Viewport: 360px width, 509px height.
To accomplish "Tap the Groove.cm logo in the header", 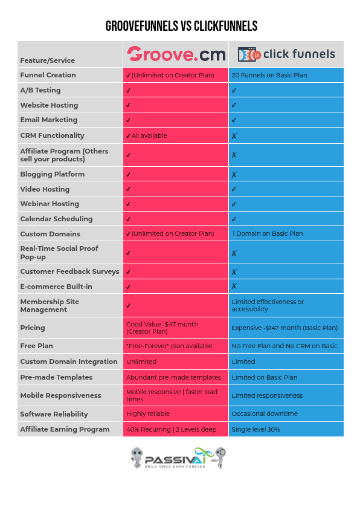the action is (x=176, y=55).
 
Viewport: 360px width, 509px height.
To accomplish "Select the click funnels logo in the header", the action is (x=286, y=54).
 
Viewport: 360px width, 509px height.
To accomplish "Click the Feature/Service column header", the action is (x=48, y=60).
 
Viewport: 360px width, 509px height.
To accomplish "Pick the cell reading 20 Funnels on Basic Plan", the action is (x=269, y=75).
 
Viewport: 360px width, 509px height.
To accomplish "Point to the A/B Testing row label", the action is (x=40, y=90).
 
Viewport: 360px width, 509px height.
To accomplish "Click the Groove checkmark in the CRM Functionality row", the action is (x=128, y=136).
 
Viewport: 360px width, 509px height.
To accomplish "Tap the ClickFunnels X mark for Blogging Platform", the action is (x=234, y=174).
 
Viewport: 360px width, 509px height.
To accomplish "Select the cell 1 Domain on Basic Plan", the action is (x=267, y=233).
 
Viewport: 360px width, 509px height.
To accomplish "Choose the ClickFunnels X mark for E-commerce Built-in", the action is (x=234, y=287).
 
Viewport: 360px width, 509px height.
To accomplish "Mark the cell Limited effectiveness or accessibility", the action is (x=268, y=305).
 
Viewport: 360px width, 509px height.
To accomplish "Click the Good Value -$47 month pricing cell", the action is (x=162, y=328).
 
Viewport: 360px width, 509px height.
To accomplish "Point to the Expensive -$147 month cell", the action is (x=284, y=328).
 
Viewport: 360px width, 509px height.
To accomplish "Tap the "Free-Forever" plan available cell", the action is (x=169, y=346).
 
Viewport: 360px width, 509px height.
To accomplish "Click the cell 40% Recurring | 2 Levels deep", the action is (x=169, y=429).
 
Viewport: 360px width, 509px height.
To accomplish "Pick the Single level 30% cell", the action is (x=256, y=429).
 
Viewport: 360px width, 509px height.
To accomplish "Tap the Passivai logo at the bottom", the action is (x=179, y=458).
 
